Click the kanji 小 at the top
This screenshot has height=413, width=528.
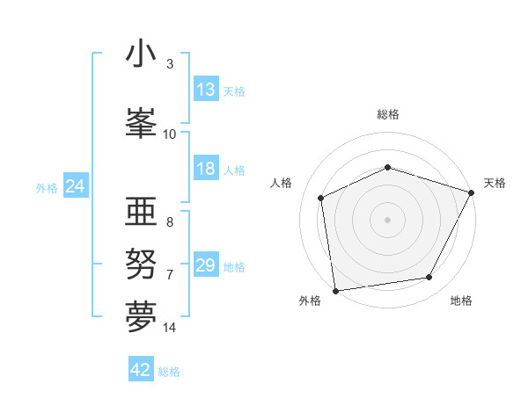pyautogui.click(x=141, y=54)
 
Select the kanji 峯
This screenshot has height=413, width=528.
pyautogui.click(x=141, y=122)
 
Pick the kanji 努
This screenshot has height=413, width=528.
pyautogui.click(x=141, y=263)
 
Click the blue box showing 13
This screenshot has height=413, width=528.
pyautogui.click(x=206, y=91)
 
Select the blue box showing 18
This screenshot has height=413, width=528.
pyautogui.click(x=206, y=170)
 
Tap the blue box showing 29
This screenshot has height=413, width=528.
pyautogui.click(x=206, y=265)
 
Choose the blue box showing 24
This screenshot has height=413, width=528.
pyautogui.click(x=75, y=186)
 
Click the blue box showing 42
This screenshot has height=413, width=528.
pyautogui.click(x=141, y=370)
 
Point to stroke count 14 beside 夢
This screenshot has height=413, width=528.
pyautogui.click(x=170, y=328)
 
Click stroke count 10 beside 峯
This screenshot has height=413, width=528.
pyautogui.click(x=170, y=134)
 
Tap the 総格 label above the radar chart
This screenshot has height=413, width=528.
pyautogui.click(x=387, y=114)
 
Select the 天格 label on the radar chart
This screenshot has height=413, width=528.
pyautogui.click(x=495, y=183)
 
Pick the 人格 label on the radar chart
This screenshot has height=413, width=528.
pyautogui.click(x=281, y=183)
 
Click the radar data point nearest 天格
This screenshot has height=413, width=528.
pyautogui.click(x=472, y=192)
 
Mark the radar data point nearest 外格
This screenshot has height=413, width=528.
pyautogui.click(x=335, y=290)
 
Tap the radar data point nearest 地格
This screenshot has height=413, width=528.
pyautogui.click(x=429, y=278)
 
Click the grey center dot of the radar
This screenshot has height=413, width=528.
pyautogui.click(x=387, y=220)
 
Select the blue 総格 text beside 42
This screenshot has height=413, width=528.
pyautogui.click(x=169, y=372)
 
